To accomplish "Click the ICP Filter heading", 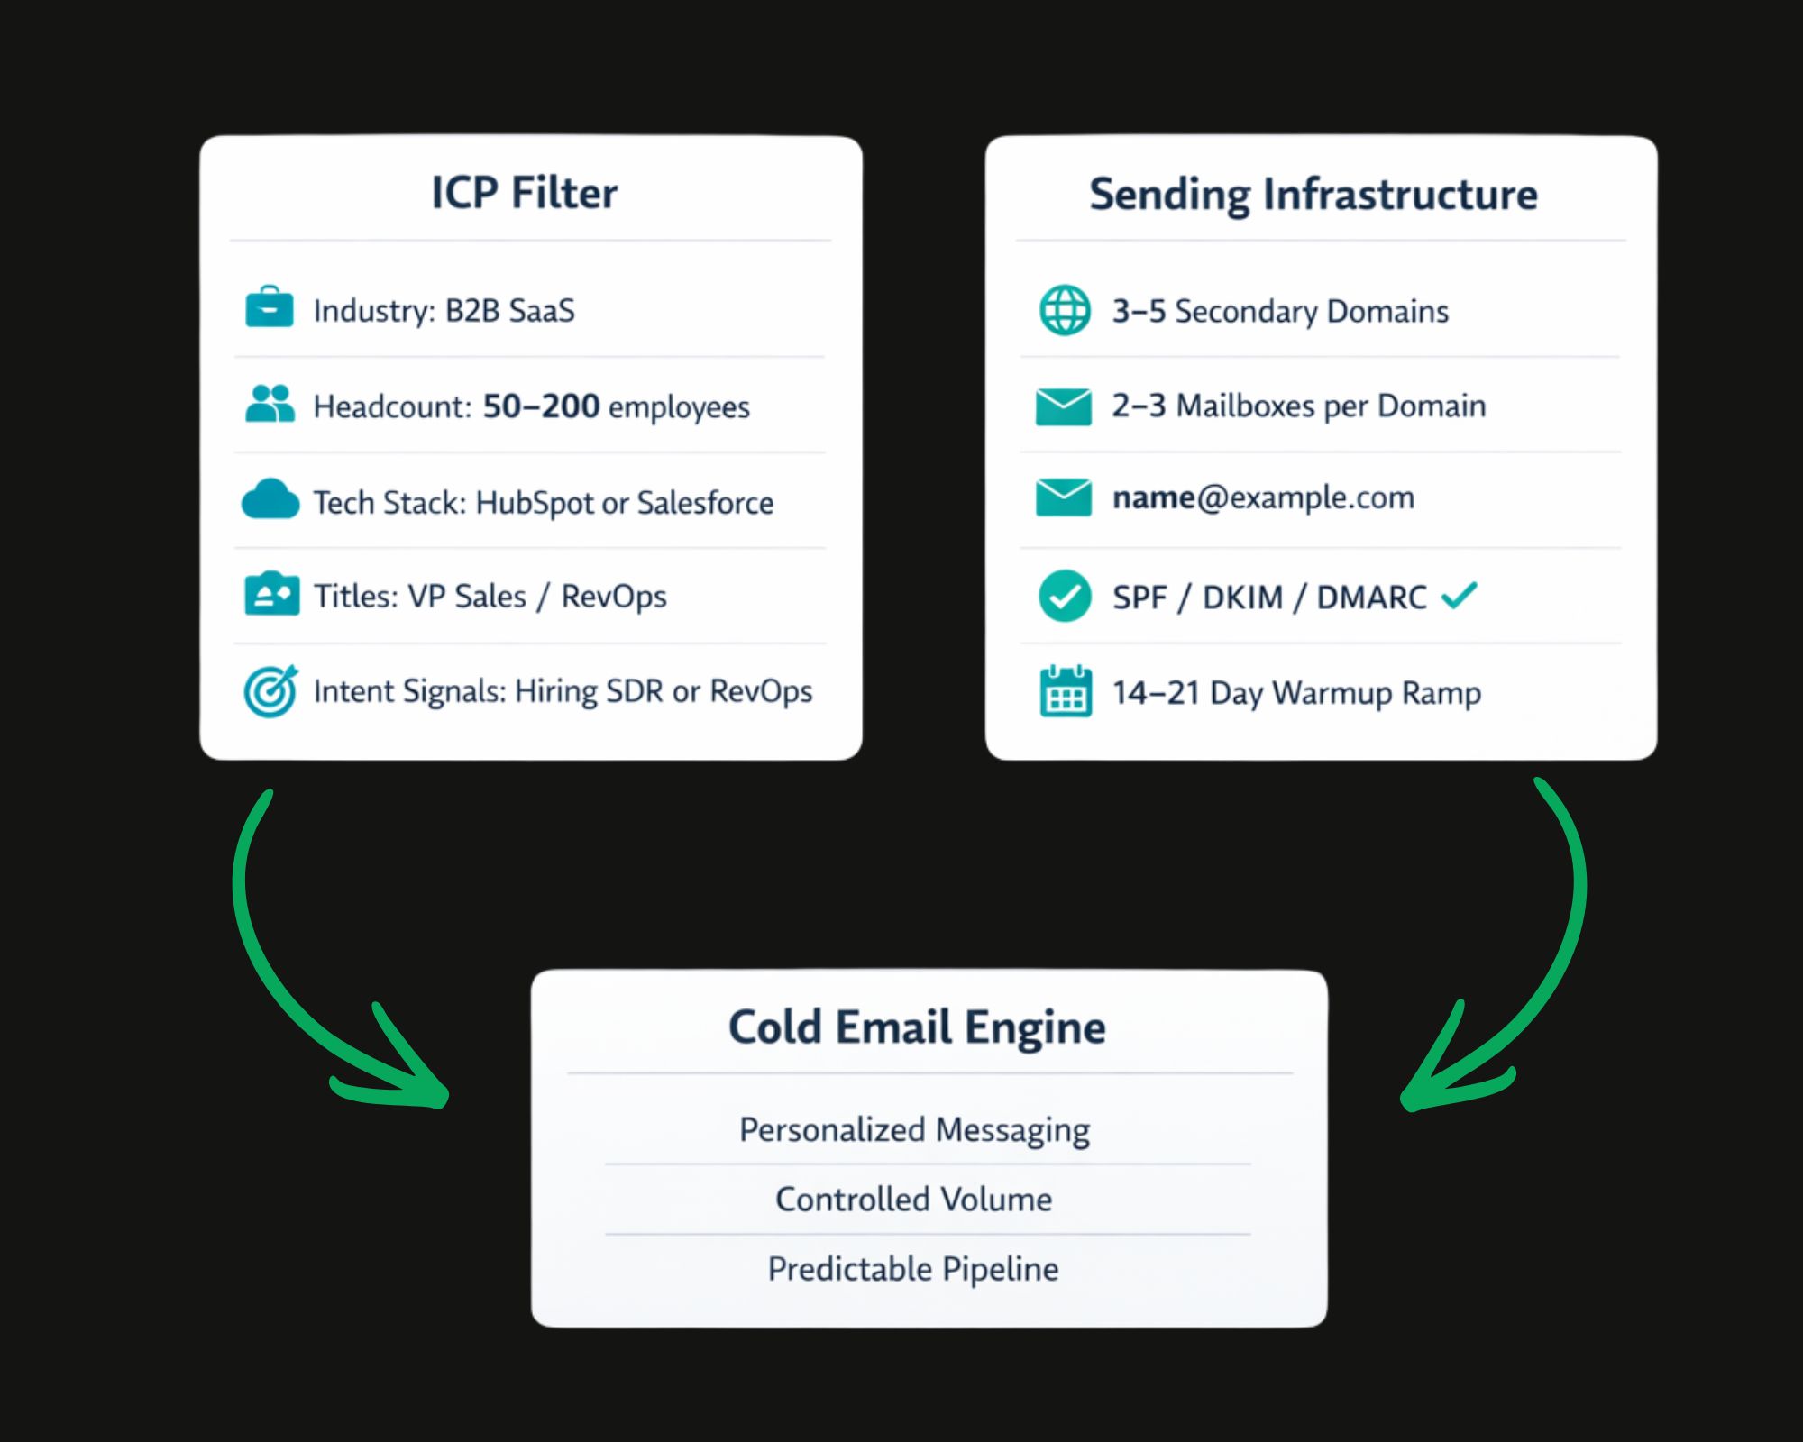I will pyautogui.click(x=525, y=193).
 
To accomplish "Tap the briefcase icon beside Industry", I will pyautogui.click(x=270, y=307).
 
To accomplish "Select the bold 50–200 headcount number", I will pyautogui.click(x=541, y=406).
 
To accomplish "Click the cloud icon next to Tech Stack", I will pyautogui.click(x=270, y=499).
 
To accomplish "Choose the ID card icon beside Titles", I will pyautogui.click(x=271, y=594).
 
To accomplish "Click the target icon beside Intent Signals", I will pyautogui.click(x=270, y=691).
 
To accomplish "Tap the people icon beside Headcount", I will pyautogui.click(x=270, y=404).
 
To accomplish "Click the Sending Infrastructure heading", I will pyautogui.click(x=1313, y=195).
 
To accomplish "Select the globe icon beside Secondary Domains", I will pyautogui.click(x=1065, y=310).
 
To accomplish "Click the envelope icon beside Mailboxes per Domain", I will pyautogui.click(x=1064, y=406).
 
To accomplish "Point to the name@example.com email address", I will pyautogui.click(x=1263, y=497).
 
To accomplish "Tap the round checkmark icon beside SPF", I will pyautogui.click(x=1065, y=596).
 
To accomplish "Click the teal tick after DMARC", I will pyautogui.click(x=1459, y=595).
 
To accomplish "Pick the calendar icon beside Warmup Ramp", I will pyautogui.click(x=1066, y=691).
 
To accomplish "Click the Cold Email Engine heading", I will pyautogui.click(x=917, y=1027).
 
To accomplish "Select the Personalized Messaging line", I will pyautogui.click(x=914, y=1129).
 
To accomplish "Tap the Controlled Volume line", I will pyautogui.click(x=913, y=1200).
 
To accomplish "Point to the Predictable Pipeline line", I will pyautogui.click(x=913, y=1269).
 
